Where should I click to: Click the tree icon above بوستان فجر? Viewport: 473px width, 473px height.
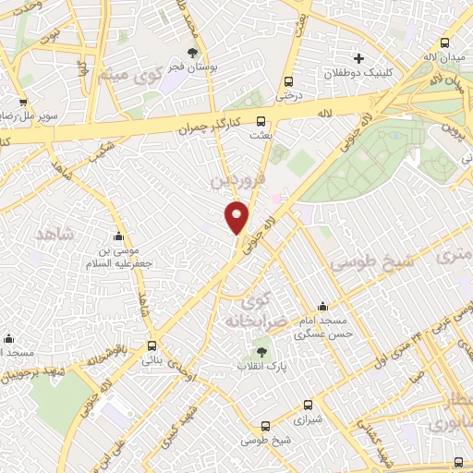192,53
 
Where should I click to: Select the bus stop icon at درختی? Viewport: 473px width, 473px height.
289,80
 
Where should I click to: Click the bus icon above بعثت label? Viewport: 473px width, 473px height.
261,120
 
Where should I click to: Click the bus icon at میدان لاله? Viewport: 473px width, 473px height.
445,43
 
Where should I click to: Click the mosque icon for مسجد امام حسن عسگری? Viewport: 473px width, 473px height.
322,306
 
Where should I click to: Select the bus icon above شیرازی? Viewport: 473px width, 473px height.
309,404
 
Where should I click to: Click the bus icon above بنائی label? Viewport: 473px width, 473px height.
152,346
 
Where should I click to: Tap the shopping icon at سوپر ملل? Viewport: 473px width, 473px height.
21,103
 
